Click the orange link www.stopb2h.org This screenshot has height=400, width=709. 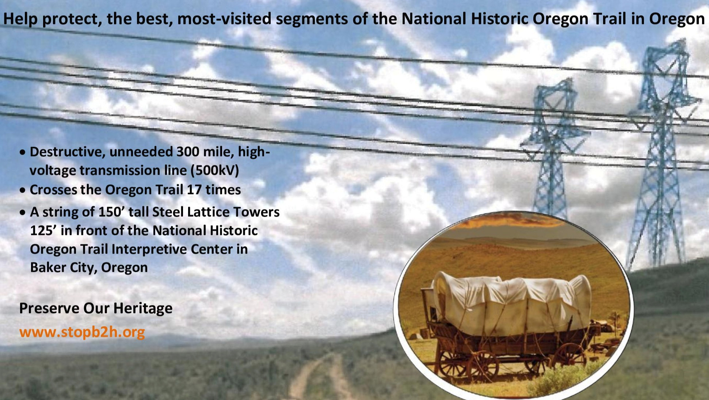click(82, 332)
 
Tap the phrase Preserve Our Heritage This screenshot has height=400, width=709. click(96, 308)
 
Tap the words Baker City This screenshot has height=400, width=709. click(63, 268)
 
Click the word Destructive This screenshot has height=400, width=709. click(67, 152)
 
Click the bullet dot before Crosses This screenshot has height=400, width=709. click(23, 191)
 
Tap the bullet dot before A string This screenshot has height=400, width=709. click(23, 212)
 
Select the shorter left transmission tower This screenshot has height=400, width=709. click(553, 150)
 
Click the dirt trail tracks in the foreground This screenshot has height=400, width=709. click(321, 376)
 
